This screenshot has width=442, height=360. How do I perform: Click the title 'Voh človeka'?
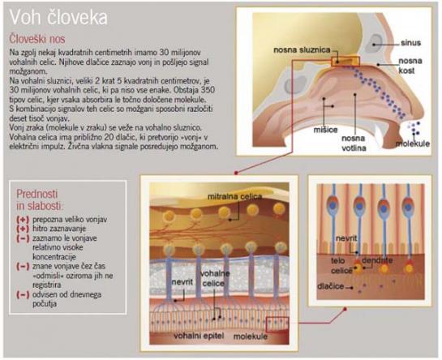[x=58, y=17]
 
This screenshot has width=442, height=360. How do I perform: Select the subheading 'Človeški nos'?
[x=37, y=39]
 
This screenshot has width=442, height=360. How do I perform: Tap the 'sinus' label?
[x=410, y=43]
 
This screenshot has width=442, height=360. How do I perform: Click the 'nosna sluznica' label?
[x=302, y=50]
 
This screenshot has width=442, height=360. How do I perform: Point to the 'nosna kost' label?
[x=410, y=66]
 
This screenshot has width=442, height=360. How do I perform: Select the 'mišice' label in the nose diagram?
[x=325, y=130]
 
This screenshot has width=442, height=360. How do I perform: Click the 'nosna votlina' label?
[x=354, y=144]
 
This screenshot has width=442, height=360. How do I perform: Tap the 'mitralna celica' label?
[x=235, y=196]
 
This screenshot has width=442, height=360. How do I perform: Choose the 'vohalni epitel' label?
[x=199, y=336]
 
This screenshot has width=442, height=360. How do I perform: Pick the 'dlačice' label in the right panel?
[x=330, y=286]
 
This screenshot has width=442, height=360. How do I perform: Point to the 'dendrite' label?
[x=377, y=260]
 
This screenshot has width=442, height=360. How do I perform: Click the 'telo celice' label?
[x=341, y=266]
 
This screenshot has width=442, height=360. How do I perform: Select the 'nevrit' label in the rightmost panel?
[x=346, y=238]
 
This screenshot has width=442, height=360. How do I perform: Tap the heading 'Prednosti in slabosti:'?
[x=39, y=200]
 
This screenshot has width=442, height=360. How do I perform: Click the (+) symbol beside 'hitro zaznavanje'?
[x=23, y=229]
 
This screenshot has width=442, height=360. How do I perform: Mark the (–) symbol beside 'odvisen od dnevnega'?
[x=23, y=294]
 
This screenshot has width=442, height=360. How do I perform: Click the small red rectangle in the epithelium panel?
[x=277, y=324]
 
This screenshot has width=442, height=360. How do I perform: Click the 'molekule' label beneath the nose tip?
[x=413, y=144]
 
